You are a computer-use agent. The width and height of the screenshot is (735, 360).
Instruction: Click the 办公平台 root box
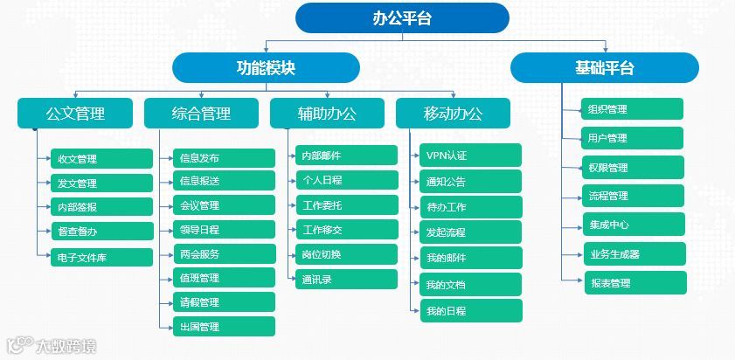pos(402,17)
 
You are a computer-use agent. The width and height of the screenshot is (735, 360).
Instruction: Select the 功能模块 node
pos(266,67)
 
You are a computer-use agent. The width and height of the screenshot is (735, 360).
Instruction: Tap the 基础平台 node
pos(604,67)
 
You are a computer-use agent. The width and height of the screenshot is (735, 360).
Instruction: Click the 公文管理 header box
pos(75,113)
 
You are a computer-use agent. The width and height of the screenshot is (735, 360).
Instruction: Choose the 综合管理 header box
pos(201,113)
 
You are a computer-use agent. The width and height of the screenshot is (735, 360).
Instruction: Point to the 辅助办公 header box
pos(327,113)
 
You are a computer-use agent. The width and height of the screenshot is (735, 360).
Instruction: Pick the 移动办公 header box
pos(453,113)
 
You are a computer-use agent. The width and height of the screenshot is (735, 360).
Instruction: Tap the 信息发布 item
pos(223,158)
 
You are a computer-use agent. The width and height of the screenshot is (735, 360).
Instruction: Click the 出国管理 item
pos(223,327)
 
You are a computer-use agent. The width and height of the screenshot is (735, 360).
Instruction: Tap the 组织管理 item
pos(634,109)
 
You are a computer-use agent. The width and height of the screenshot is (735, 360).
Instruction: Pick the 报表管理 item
pos(634,283)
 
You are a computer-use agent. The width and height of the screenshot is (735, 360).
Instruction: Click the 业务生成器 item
pos(634,254)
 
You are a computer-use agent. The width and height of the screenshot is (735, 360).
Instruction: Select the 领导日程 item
pos(223,230)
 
